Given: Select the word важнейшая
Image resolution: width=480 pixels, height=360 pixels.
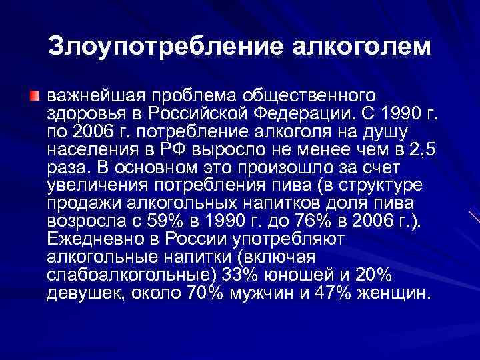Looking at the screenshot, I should pos(93,91).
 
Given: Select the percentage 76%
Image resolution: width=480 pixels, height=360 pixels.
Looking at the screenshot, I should pos(306,219).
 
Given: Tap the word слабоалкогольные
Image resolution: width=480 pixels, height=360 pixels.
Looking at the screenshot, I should pos(125,275).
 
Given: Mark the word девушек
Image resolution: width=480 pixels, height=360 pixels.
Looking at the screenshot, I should pos(83,293).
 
